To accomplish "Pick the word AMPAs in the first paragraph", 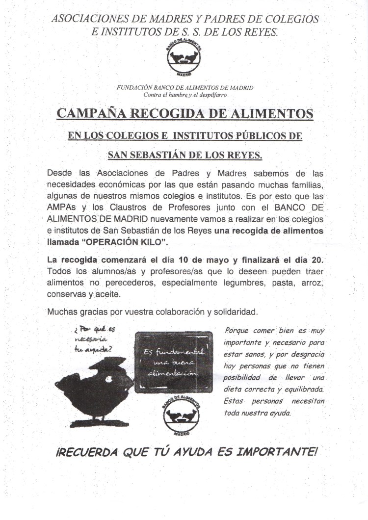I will pos(62,207).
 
